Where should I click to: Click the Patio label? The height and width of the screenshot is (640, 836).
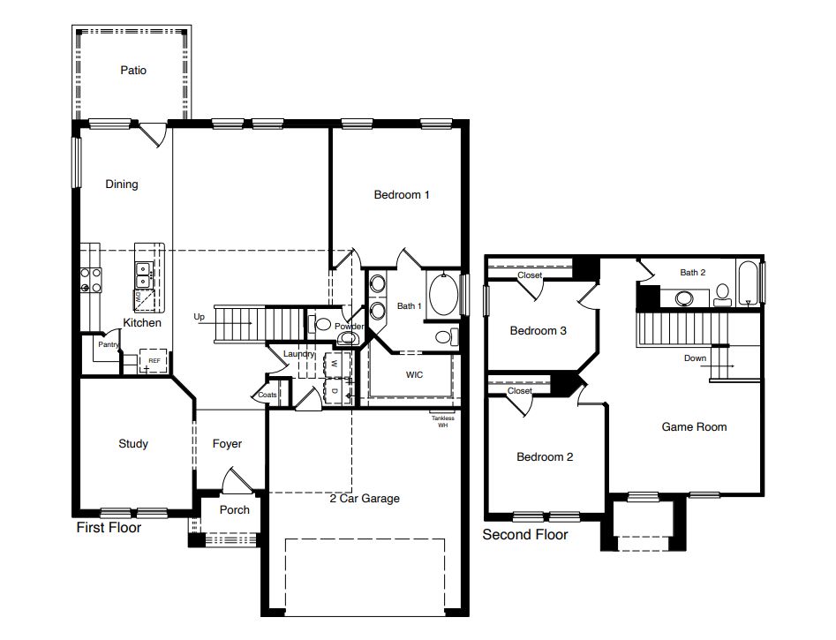[133, 70]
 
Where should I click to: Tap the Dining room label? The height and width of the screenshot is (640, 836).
[122, 184]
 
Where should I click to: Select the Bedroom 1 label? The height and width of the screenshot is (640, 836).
[402, 195]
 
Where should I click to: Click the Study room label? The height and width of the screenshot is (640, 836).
[133, 444]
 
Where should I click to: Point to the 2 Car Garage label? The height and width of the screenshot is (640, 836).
[365, 499]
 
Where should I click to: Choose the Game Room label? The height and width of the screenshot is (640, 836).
[694, 427]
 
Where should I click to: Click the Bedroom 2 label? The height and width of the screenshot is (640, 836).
[545, 457]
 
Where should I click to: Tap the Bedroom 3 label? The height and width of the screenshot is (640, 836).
[539, 331]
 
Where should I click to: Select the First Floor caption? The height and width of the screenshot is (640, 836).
[109, 529]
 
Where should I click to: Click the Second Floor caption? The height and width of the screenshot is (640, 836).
[525, 535]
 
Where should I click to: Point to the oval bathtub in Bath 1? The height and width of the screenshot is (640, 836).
[442, 294]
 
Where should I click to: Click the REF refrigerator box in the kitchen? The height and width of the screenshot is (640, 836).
[154, 361]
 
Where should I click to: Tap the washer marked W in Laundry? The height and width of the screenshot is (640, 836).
[335, 364]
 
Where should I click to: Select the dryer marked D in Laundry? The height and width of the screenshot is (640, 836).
[335, 388]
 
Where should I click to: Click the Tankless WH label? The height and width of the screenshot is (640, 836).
[442, 421]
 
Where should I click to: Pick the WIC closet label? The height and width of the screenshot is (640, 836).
[414, 375]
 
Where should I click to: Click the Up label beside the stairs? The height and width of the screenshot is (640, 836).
[200, 317]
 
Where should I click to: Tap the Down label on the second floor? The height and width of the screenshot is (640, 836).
[695, 358]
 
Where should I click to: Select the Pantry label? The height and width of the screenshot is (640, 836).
[109, 345]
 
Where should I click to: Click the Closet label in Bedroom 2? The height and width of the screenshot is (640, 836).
[520, 391]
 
